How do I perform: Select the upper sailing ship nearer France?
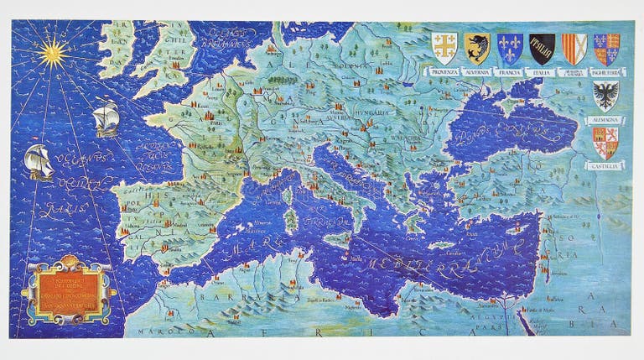click(105, 117)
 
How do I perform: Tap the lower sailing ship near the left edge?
click(39, 161)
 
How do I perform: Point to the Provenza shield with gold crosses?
click(444, 48)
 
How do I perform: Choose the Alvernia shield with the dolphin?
click(477, 49)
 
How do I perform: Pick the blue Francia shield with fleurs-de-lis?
click(509, 49)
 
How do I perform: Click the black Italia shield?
click(542, 49)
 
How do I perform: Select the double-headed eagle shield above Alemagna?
click(605, 96)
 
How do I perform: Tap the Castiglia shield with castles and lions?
click(605, 143)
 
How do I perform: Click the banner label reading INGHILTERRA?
click(606, 73)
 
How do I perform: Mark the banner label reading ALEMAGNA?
click(605, 119)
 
